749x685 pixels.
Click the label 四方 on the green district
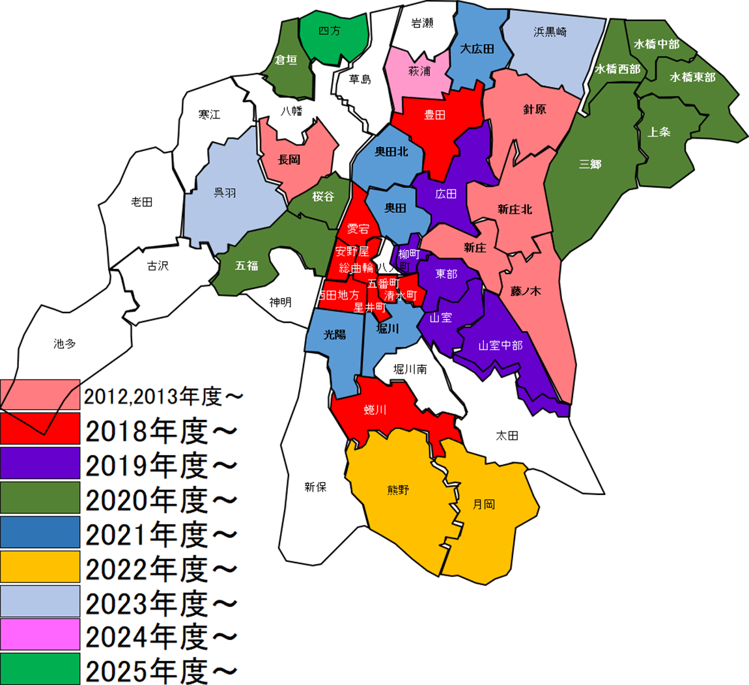[x=330, y=31]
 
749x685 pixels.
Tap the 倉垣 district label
[x=286, y=60]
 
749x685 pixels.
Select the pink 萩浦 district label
[x=419, y=70]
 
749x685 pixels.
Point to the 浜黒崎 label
[x=551, y=31]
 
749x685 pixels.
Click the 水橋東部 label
[x=692, y=77]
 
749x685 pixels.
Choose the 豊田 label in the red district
[x=434, y=115]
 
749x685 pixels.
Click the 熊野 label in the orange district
[x=398, y=490]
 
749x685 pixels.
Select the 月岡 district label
[x=483, y=505]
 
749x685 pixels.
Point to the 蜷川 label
[x=375, y=410]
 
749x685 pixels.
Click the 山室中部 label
[x=500, y=345]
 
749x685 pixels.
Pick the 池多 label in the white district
[x=64, y=344]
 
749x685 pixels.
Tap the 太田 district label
[x=507, y=436]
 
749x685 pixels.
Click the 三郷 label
[x=590, y=164]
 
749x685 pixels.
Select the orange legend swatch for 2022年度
[x=40, y=566]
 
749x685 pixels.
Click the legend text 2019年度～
[x=161, y=465]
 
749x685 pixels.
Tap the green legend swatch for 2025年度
[x=40, y=669]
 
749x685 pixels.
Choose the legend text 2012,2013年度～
[x=163, y=396]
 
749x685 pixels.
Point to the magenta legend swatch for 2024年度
[x=40, y=635]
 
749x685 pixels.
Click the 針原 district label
[x=535, y=109]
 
